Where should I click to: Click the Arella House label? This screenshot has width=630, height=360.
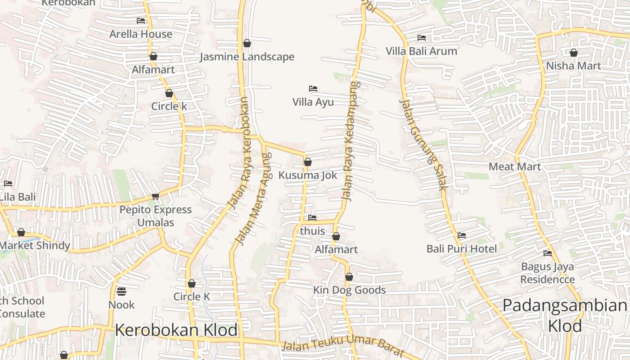tap(141, 34)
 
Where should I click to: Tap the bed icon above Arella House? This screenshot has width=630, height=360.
tap(141, 21)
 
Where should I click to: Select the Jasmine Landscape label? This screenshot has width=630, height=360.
tap(247, 57)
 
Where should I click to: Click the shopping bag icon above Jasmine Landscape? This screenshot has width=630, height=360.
tap(247, 43)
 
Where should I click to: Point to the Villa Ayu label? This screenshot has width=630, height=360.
tap(313, 102)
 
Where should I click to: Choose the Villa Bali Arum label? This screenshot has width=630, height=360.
tap(421, 51)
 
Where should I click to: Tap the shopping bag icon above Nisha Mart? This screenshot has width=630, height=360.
tap(574, 53)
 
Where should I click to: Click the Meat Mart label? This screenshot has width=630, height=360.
tap(515, 166)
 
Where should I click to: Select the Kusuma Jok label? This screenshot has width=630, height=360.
tap(308, 175)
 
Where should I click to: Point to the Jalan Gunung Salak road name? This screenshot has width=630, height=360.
tap(422, 144)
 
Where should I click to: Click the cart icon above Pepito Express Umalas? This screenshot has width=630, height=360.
tap(156, 196)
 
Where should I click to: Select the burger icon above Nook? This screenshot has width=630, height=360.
tap(121, 292)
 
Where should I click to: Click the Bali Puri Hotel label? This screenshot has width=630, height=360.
tap(462, 249)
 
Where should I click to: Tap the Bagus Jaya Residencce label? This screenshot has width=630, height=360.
tap(548, 273)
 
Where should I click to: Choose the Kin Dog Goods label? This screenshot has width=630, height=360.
tap(350, 290)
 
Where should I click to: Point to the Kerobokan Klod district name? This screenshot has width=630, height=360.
tap(176, 330)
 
